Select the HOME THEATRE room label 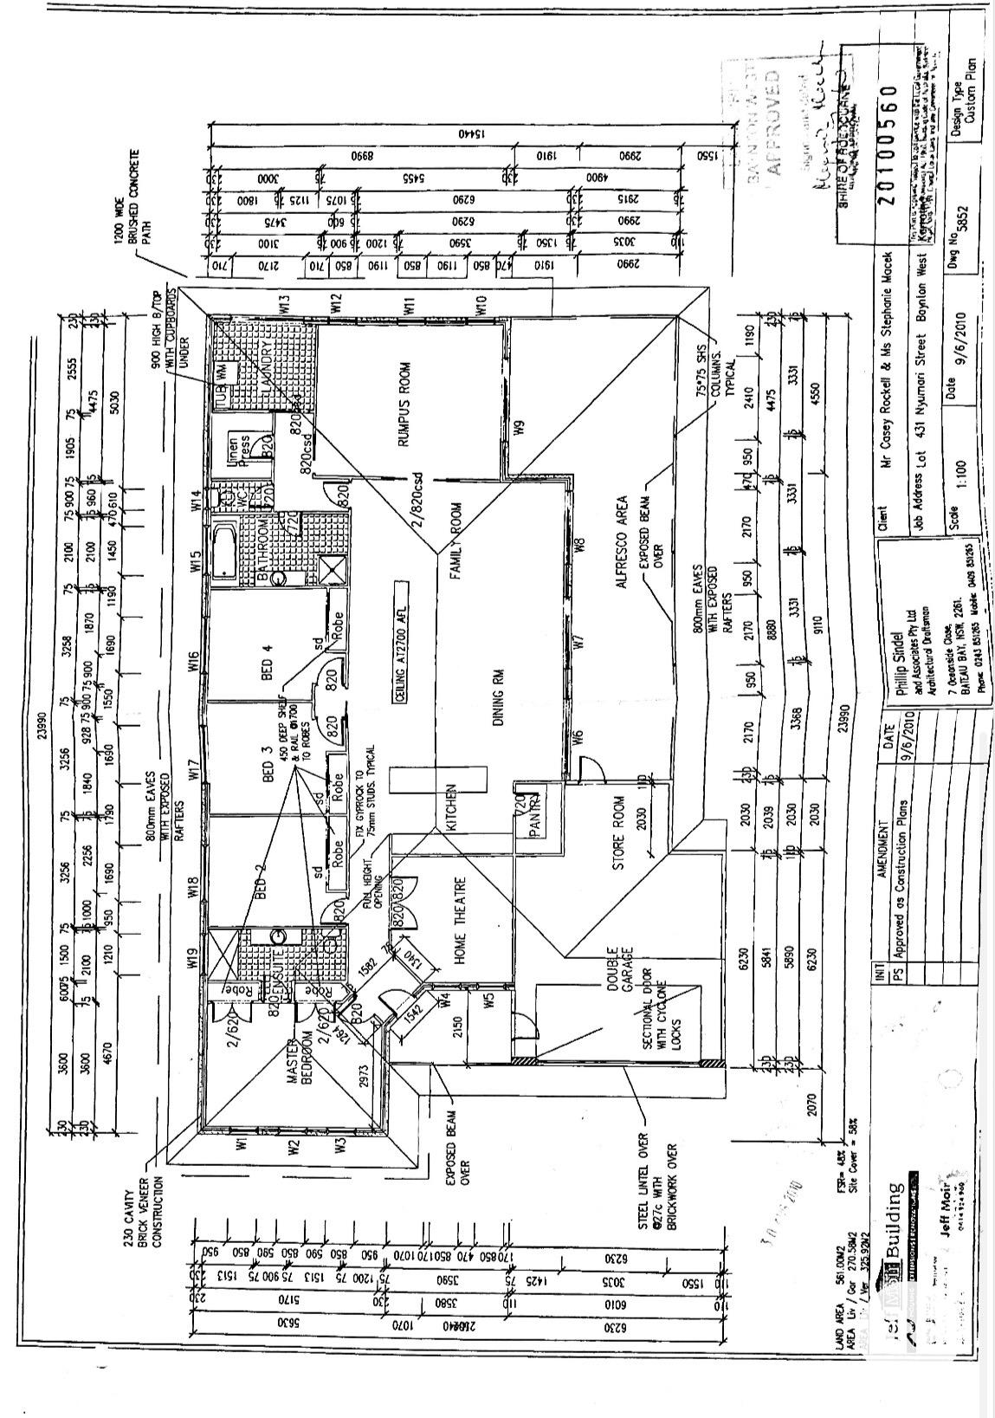point(461,920)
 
